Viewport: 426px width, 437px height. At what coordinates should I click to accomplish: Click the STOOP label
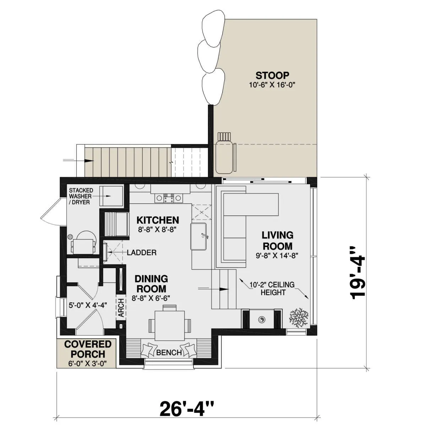[272, 76]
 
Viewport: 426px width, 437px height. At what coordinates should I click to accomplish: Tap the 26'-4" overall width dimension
[187, 409]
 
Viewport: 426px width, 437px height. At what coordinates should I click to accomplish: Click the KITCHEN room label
[158, 220]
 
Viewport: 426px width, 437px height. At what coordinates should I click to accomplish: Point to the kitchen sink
[198, 236]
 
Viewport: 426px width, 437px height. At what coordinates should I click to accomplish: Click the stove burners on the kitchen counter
[169, 198]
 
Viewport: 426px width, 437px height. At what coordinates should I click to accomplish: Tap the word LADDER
[142, 253]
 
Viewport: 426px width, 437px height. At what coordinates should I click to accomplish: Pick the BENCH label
[169, 353]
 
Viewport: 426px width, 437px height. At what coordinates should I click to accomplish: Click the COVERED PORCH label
[88, 349]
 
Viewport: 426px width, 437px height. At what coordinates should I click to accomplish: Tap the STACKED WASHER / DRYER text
[81, 196]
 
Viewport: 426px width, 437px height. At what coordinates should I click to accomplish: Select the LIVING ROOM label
[278, 240]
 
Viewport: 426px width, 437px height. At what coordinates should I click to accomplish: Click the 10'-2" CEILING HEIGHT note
[273, 289]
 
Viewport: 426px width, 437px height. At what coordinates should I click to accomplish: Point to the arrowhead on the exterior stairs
[89, 160]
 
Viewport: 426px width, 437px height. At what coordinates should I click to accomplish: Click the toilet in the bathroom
[84, 242]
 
